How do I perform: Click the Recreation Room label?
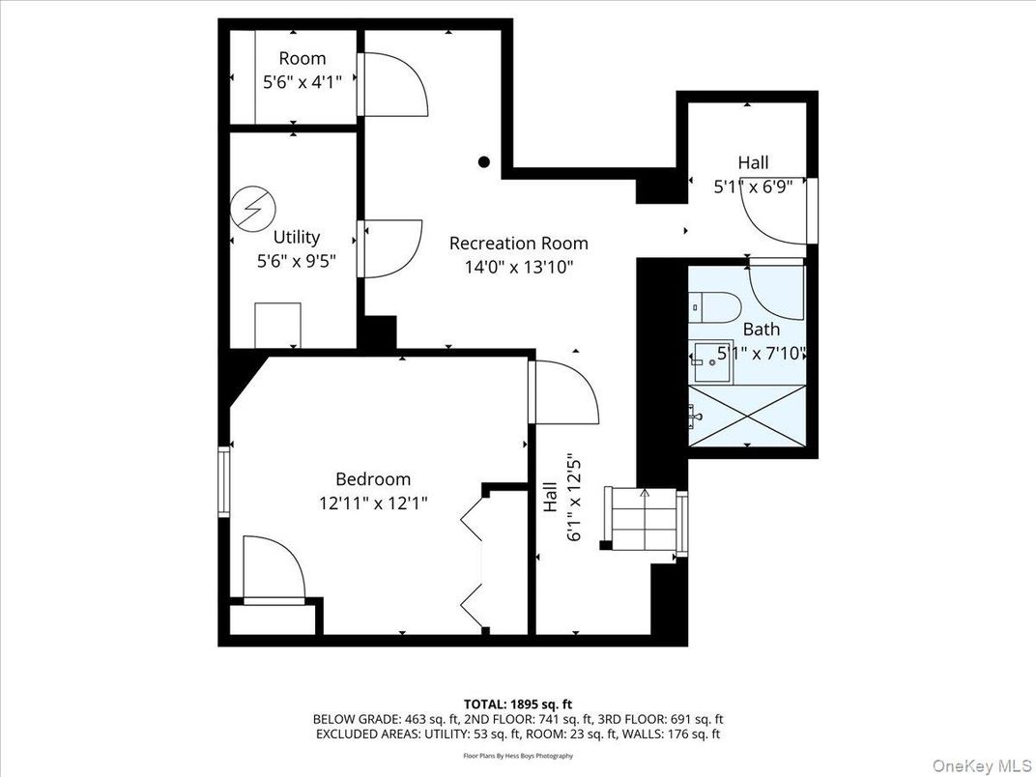[x=518, y=244]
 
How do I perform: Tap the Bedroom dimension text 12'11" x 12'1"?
[x=373, y=503]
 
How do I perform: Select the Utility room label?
[x=296, y=237]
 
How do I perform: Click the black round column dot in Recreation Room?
[x=484, y=162]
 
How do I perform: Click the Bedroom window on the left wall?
[x=224, y=480]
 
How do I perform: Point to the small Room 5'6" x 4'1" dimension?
[x=302, y=83]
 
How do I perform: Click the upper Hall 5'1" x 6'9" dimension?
[x=754, y=187]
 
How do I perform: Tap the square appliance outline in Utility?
[x=275, y=325]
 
